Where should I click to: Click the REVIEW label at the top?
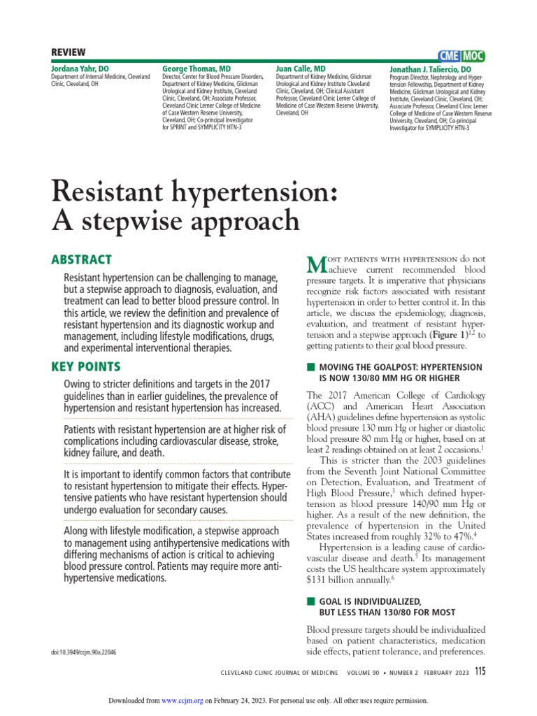[69, 53]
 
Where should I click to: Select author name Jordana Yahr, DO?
[80, 69]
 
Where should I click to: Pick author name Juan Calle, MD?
[301, 69]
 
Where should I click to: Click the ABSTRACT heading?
[81, 259]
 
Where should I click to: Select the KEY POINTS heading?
[85, 366]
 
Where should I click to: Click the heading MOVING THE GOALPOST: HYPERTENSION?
[401, 367]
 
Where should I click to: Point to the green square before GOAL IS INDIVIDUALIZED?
[310, 601]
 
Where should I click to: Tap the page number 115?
[479, 671]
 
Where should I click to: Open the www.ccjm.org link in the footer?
[182, 701]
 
